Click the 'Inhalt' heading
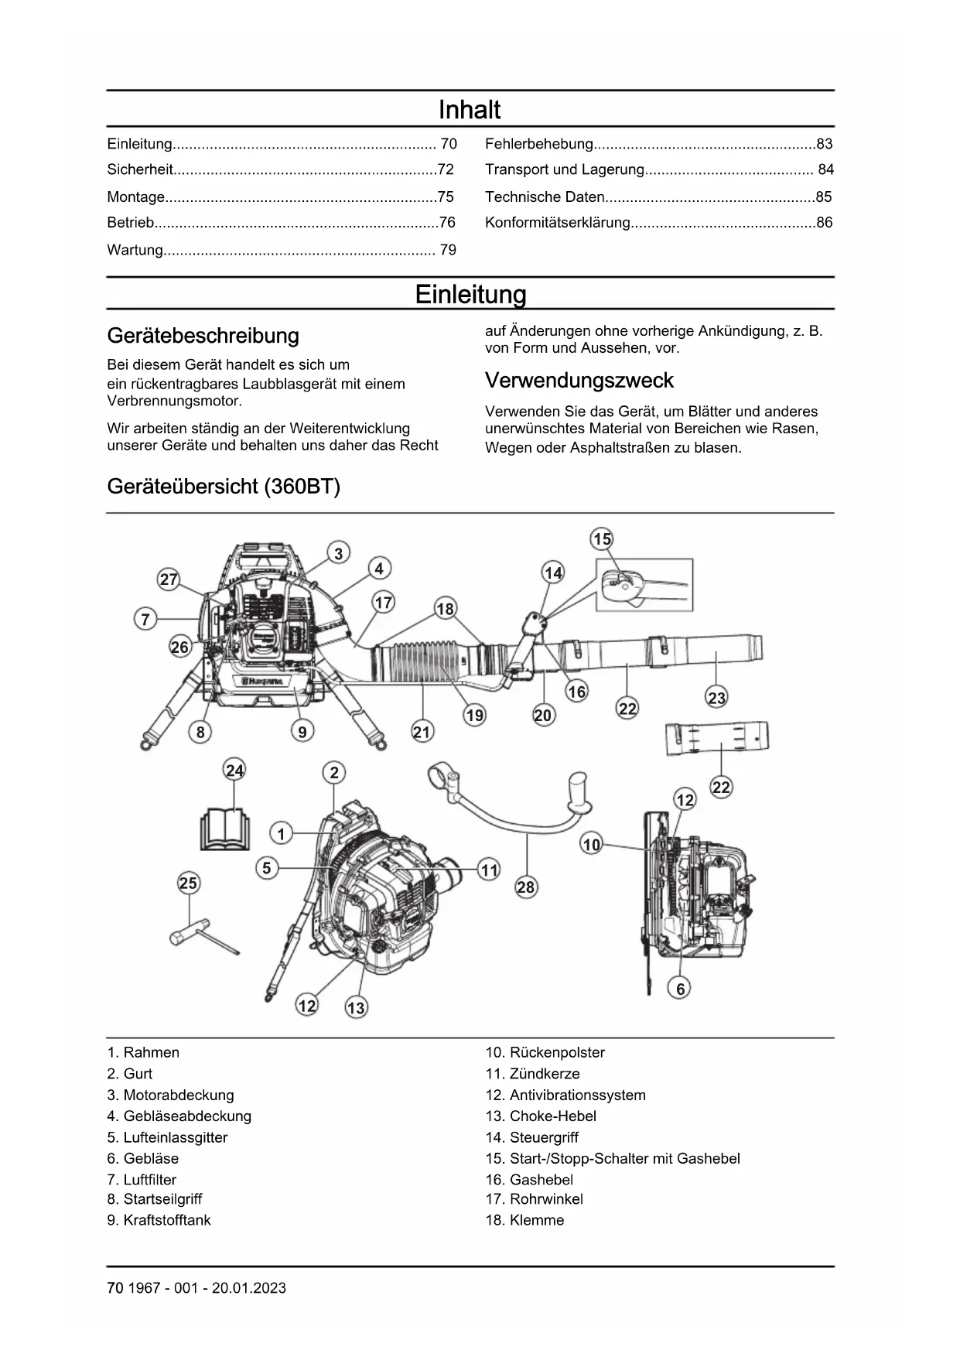click(x=470, y=110)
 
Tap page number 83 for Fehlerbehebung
click(x=824, y=144)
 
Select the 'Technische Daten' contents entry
click(x=545, y=197)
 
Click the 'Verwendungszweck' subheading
click(x=579, y=381)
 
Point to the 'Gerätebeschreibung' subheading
click(x=203, y=336)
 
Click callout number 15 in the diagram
click(x=602, y=538)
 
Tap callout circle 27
click(x=169, y=579)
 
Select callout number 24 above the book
click(x=234, y=770)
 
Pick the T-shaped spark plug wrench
click(x=203, y=937)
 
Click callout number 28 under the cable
click(x=526, y=887)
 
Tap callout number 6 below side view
click(x=681, y=988)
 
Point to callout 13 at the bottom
click(x=356, y=1007)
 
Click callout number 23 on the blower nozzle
click(x=717, y=698)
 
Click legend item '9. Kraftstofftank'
click(x=159, y=1220)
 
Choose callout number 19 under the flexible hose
click(x=475, y=715)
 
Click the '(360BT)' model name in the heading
click(x=302, y=487)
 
